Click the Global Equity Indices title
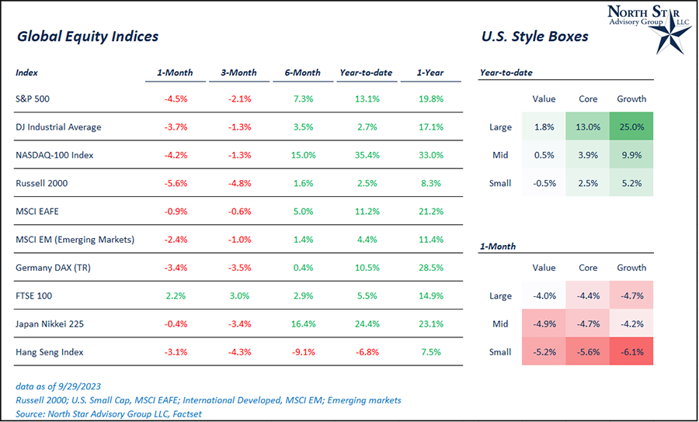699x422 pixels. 87,36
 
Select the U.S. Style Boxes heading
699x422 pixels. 534,36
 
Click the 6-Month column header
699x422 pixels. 302,73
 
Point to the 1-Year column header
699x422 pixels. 429,73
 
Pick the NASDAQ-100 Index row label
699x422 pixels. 54,155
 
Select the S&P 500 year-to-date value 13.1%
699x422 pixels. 366,99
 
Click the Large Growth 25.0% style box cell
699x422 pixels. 631,127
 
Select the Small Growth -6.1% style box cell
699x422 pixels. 631,352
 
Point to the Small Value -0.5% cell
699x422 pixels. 544,184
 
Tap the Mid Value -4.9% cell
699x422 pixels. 544,324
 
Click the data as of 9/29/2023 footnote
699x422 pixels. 57,386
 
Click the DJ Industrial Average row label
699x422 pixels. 58,127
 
